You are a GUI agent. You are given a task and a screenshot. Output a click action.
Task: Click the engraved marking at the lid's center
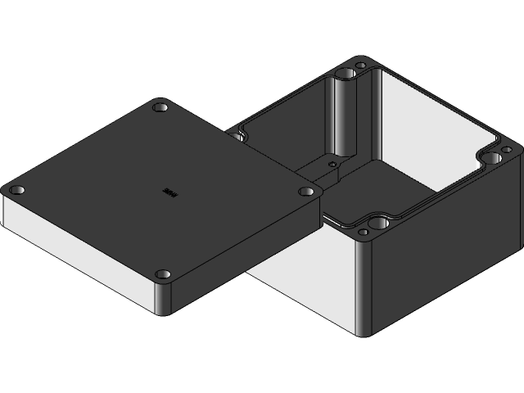(169, 192)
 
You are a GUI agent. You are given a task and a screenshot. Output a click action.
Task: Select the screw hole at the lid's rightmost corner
(306, 192)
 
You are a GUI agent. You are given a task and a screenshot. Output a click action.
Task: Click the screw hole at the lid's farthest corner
(160, 107)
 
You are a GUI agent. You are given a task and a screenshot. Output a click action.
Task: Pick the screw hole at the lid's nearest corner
(163, 273)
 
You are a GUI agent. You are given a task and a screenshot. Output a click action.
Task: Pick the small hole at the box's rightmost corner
(506, 150)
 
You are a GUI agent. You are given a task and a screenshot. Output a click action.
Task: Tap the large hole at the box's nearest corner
(378, 221)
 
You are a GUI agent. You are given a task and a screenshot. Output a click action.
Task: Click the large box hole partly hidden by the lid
(240, 133)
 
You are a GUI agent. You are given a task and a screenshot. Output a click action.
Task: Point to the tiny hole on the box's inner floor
(332, 163)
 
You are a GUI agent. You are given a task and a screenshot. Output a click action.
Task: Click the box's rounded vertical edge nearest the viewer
(365, 287)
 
